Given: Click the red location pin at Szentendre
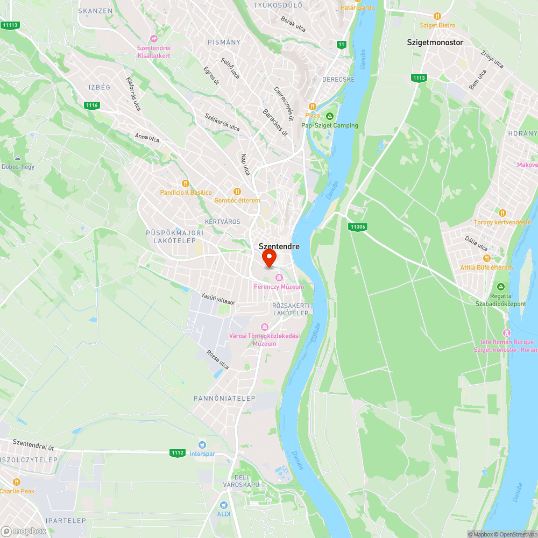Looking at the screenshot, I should click(x=269, y=259).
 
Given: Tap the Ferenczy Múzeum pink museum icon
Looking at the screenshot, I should click(x=279, y=278).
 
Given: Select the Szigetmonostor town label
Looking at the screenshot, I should click(x=435, y=42).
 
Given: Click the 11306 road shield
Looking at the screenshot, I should click(x=357, y=227).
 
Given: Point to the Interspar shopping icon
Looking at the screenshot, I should click(x=202, y=444).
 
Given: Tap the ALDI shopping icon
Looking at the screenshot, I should click(x=224, y=505).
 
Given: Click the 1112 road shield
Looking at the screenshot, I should click(x=177, y=453).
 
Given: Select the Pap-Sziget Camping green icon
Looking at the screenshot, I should click(x=330, y=116).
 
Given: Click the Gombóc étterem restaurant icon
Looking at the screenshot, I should click(x=237, y=192).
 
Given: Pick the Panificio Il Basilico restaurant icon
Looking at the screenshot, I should click(x=186, y=183).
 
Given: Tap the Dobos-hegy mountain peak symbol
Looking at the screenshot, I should click(x=18, y=158).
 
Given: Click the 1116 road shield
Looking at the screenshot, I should click(x=91, y=105).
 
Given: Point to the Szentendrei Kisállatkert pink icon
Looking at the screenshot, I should click(x=154, y=39).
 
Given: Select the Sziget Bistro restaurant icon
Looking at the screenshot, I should click(x=437, y=16).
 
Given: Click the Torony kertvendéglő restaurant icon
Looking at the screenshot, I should click(x=502, y=213).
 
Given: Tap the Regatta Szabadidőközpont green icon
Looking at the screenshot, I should click(x=501, y=287).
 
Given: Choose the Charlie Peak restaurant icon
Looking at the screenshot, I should click(x=16, y=482).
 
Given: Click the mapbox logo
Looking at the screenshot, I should click(x=24, y=531).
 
